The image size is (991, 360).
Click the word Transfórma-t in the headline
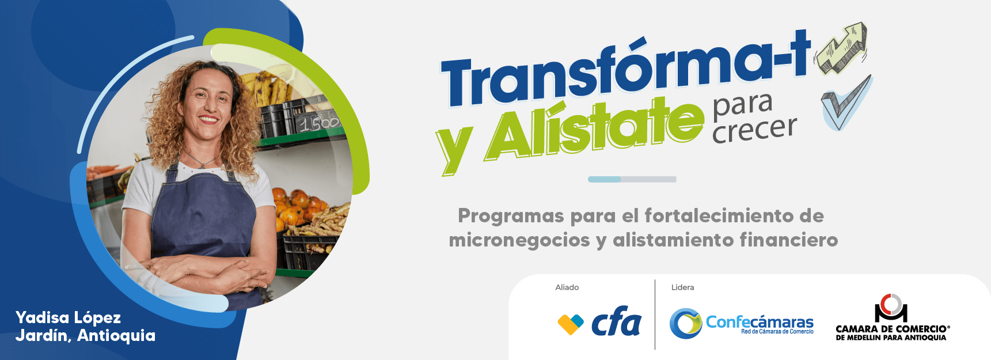pos(625,72)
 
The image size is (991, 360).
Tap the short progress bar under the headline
pos(632,179)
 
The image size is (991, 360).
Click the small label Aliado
pos(567,287)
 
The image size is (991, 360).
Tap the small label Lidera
pos(682,287)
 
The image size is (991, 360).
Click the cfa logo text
pos(616,323)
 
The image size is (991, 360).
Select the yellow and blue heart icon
pos(570,324)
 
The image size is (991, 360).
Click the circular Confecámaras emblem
pos(685,323)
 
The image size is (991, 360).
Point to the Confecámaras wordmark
pos(760,323)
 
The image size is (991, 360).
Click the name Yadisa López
pos(68,317)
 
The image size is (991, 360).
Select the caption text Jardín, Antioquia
pos(85,335)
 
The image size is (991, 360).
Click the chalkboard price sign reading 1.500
pos(319,123)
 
